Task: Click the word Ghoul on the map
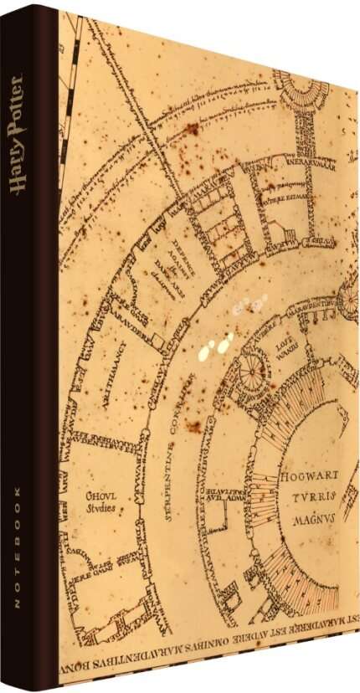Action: (100, 495)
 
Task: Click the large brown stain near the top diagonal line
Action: (193, 128)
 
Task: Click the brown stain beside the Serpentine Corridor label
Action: (194, 427)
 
